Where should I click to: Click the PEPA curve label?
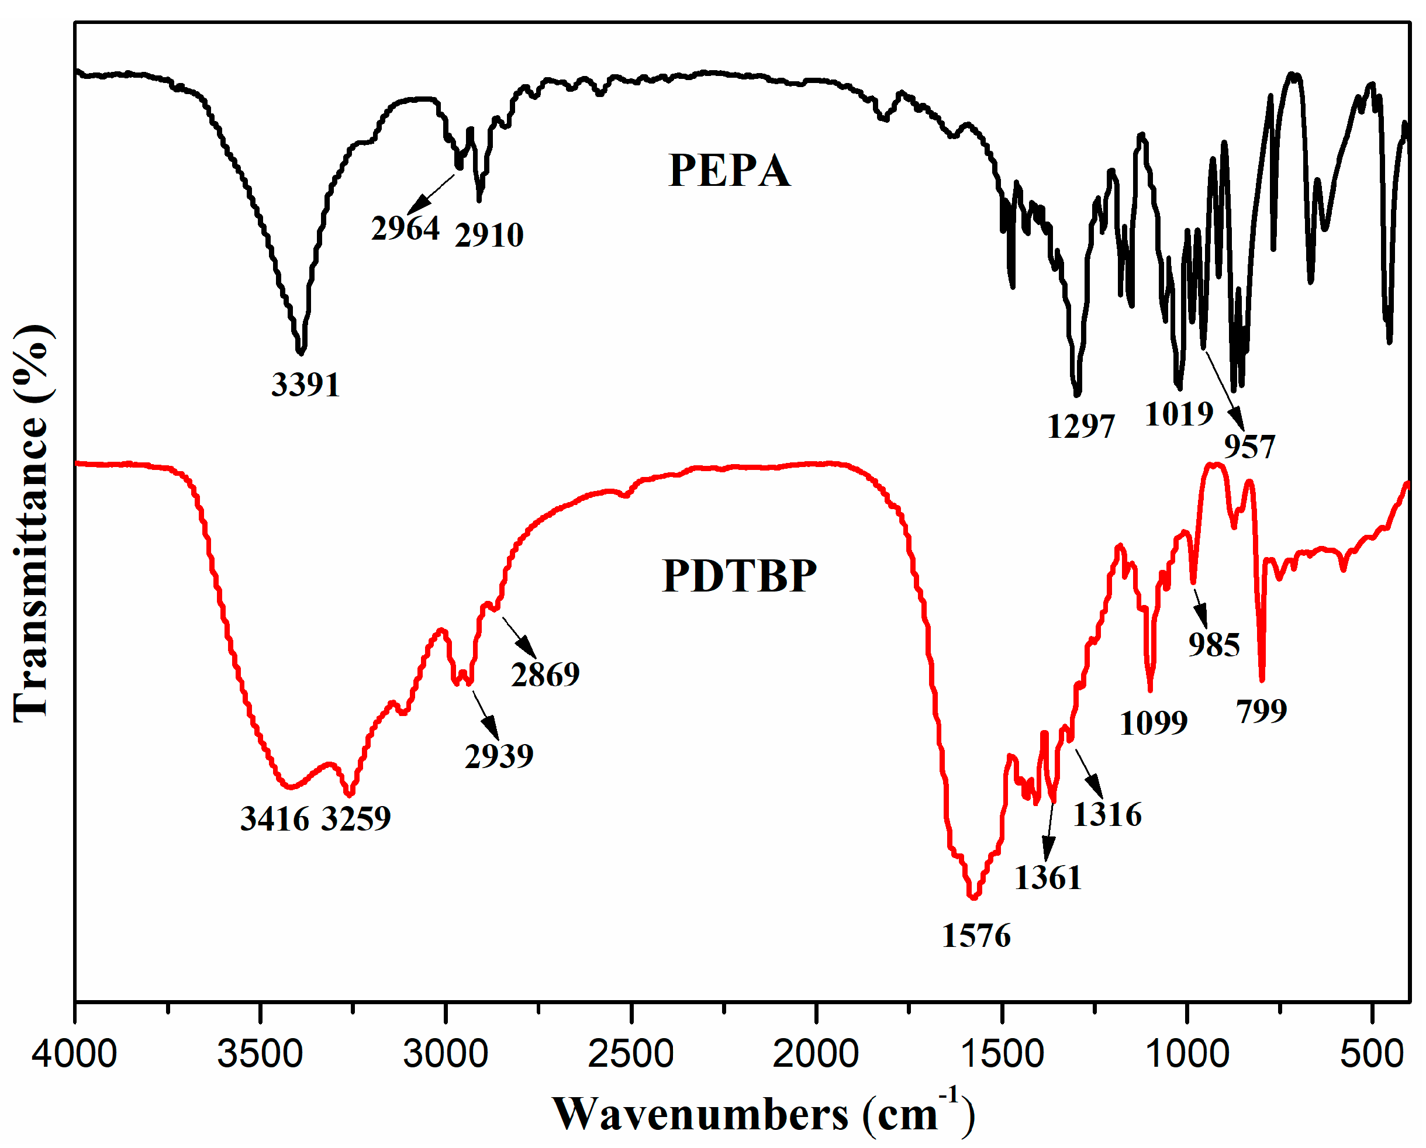click(x=729, y=171)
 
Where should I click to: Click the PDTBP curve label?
click(x=739, y=576)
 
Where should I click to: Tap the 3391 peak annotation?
click(x=306, y=385)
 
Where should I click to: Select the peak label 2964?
click(x=405, y=229)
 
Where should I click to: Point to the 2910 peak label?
click(x=489, y=236)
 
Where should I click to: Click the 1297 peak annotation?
click(x=1080, y=427)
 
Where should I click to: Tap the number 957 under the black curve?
click(x=1249, y=447)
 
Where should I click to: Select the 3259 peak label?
click(x=357, y=819)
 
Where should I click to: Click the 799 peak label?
click(x=1261, y=711)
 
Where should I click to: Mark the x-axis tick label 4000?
click(x=74, y=1054)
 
